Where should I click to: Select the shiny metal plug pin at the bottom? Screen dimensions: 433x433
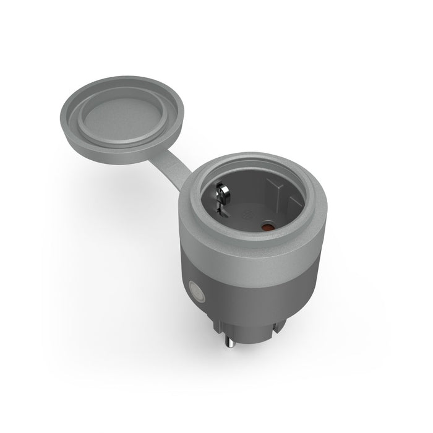coord(230,346)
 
